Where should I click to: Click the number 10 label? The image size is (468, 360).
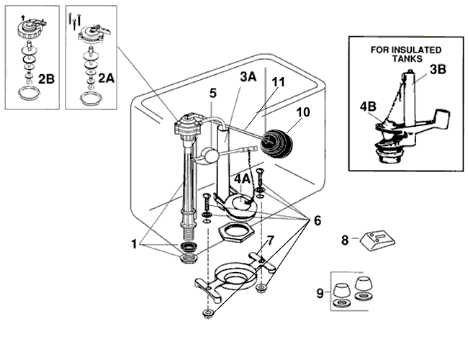[302, 113]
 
